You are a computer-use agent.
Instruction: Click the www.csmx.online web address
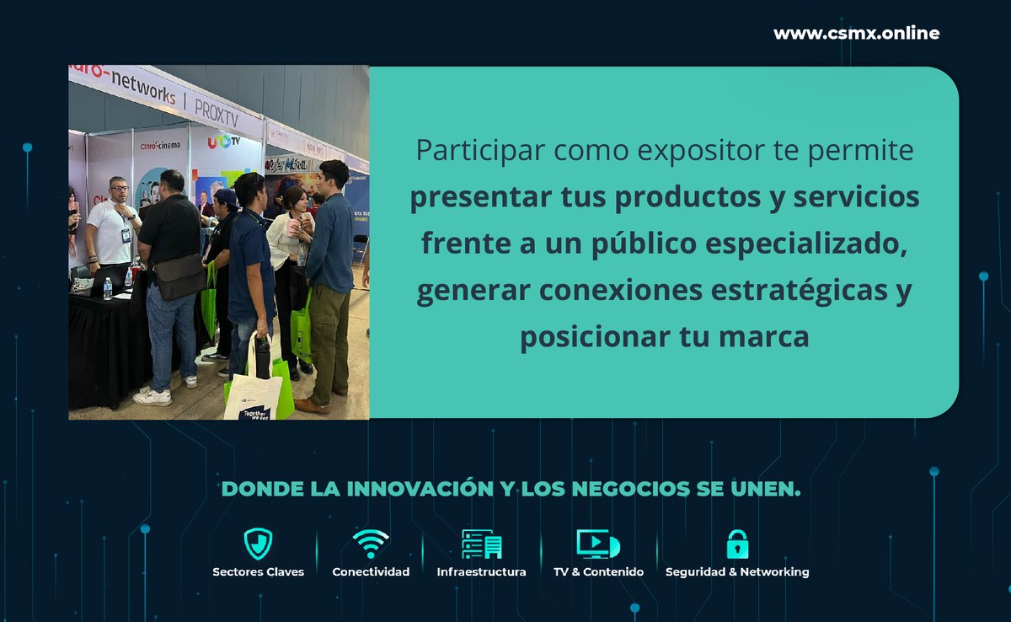tap(856, 34)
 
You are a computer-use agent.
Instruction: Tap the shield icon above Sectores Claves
tap(258, 544)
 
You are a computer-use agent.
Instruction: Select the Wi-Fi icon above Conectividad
tap(371, 544)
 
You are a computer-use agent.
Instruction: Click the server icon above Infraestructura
tap(481, 544)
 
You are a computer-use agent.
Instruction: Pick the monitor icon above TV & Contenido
tap(597, 544)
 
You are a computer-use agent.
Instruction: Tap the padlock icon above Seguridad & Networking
tap(737, 544)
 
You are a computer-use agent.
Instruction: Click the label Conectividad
tap(371, 572)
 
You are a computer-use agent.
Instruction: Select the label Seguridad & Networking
tap(737, 572)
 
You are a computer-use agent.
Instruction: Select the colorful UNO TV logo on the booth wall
tap(223, 142)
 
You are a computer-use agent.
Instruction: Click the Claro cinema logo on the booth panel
tap(160, 145)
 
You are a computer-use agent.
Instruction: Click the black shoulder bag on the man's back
tap(179, 276)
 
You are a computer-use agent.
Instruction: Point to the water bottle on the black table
tap(107, 289)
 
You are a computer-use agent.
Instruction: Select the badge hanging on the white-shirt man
tap(126, 233)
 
